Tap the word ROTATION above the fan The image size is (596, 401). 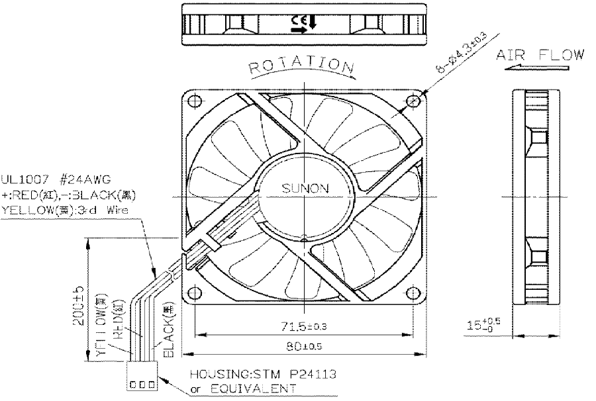click(x=302, y=66)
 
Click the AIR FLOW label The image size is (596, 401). click(x=540, y=54)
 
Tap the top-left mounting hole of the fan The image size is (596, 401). click(x=194, y=102)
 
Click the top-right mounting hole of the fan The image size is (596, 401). click(x=413, y=101)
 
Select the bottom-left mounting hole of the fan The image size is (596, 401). click(x=194, y=293)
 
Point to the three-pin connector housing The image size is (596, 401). click(x=140, y=384)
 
